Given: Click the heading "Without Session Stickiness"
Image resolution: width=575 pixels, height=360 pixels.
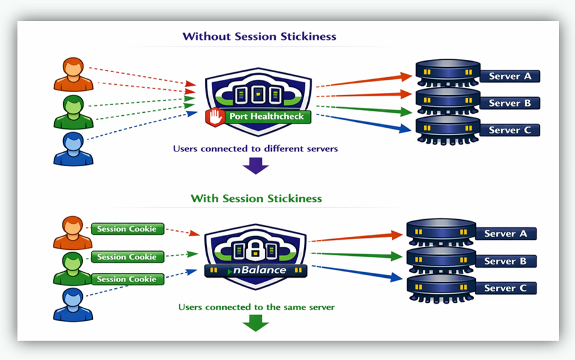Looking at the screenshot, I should [x=259, y=36].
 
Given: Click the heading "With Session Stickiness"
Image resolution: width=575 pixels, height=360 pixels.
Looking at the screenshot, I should [x=256, y=199].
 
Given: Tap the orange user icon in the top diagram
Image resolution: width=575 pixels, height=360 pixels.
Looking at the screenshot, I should [x=73, y=74].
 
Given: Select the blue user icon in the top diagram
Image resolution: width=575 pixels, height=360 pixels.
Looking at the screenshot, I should [x=73, y=149].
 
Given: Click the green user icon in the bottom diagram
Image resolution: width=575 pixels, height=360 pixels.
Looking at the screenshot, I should [x=73, y=267].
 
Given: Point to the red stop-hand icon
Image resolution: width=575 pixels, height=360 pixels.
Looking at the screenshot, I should [x=216, y=116].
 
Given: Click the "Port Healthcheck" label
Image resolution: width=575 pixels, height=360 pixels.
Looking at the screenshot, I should [x=266, y=116].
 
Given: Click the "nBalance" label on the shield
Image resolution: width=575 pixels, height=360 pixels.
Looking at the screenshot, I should [x=260, y=270].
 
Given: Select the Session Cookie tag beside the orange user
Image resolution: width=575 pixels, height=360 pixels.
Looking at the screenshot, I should [x=128, y=229].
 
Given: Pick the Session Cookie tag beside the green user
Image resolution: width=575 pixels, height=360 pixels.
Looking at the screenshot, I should [x=128, y=257].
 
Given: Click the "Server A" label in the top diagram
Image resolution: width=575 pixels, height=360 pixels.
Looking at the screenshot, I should [x=510, y=76].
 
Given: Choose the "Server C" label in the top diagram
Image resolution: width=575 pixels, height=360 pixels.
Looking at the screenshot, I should [x=510, y=130].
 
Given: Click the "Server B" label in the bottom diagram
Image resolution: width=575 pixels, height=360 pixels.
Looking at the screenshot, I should [x=505, y=261].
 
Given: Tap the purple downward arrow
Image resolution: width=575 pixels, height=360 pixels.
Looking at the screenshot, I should [x=255, y=166].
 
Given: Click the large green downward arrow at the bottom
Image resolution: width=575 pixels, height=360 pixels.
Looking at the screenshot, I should [x=255, y=323].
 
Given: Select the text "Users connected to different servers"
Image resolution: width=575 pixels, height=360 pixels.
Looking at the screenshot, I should [x=256, y=149].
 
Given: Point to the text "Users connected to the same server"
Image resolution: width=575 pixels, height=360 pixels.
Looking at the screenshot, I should [x=256, y=307].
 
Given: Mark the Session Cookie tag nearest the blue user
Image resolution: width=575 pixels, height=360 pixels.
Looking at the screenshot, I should [x=128, y=279].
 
